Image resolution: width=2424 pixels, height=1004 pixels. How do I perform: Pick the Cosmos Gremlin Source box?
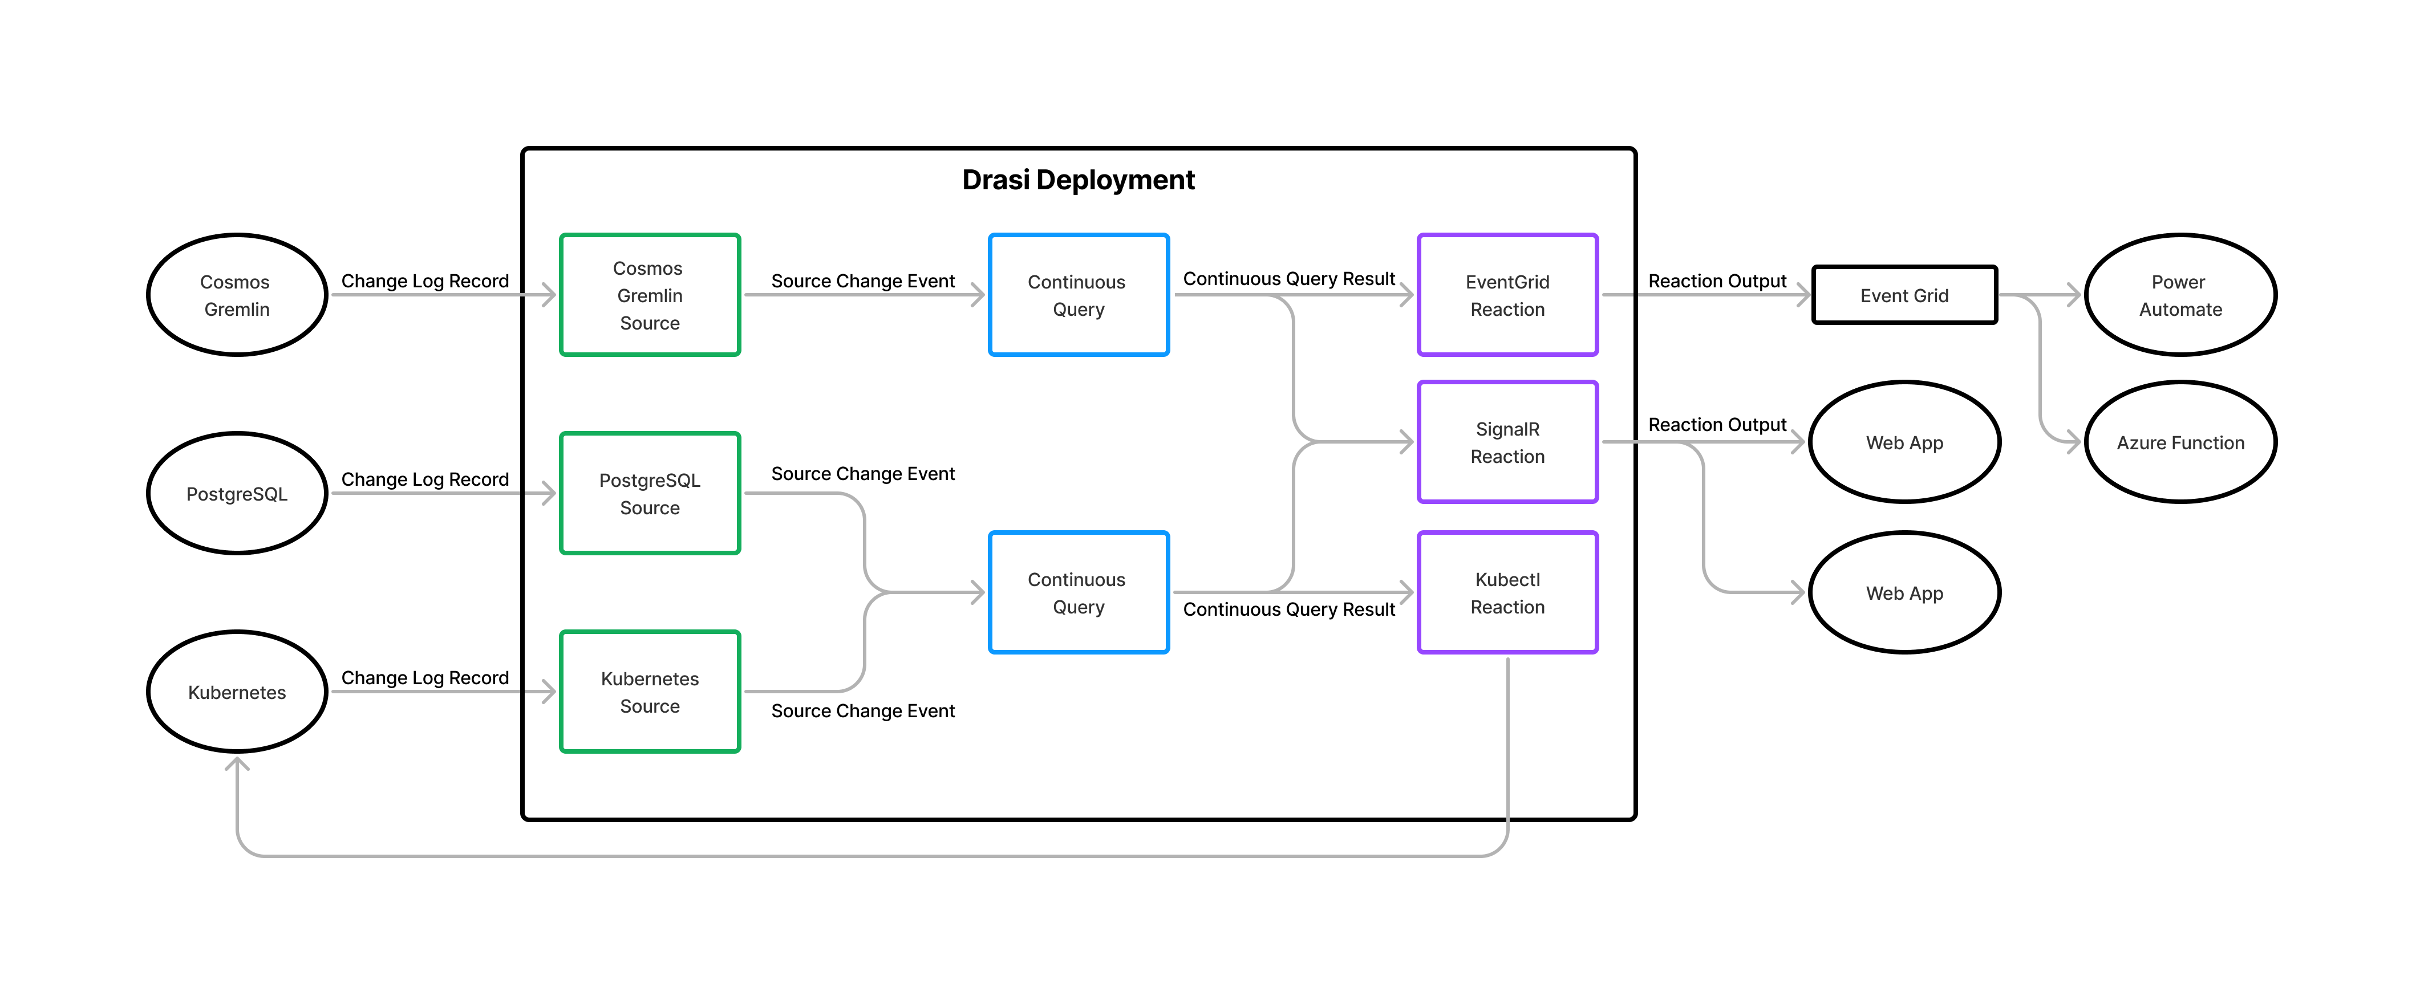tap(649, 295)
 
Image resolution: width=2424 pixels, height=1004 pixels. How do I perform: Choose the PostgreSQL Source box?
tap(649, 494)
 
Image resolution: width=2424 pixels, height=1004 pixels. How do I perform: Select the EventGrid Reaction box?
tap(1507, 295)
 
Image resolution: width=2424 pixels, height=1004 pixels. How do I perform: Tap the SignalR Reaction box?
tap(1507, 442)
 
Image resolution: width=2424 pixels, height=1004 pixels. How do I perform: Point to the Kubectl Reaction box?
tap(1507, 593)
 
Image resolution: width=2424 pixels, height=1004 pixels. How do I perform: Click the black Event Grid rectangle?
tap(1904, 295)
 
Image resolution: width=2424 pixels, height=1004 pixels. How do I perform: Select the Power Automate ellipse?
tap(2180, 295)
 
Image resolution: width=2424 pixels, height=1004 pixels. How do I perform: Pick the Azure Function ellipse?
tap(2180, 442)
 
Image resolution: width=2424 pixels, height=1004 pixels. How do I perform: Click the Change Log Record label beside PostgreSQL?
tap(424, 479)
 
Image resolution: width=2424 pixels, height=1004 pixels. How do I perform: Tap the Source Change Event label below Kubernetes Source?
tap(863, 710)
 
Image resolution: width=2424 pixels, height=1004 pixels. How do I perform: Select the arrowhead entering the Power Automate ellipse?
tap(2073, 295)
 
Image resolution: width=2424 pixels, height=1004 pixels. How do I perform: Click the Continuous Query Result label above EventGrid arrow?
tap(1288, 279)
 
